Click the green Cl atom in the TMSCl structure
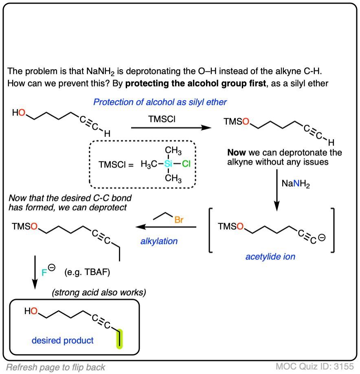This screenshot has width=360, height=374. pos(186,165)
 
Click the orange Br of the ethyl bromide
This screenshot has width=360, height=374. pos(179,220)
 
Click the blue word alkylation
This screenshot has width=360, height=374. pos(159,241)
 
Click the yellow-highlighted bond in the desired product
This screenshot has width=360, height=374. pos(119,339)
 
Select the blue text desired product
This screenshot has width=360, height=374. pos(64,340)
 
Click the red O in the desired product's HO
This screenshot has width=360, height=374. pos(34,312)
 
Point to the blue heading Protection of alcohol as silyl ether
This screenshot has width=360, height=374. pos(160,102)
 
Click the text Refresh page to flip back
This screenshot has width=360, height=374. pos(56,367)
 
